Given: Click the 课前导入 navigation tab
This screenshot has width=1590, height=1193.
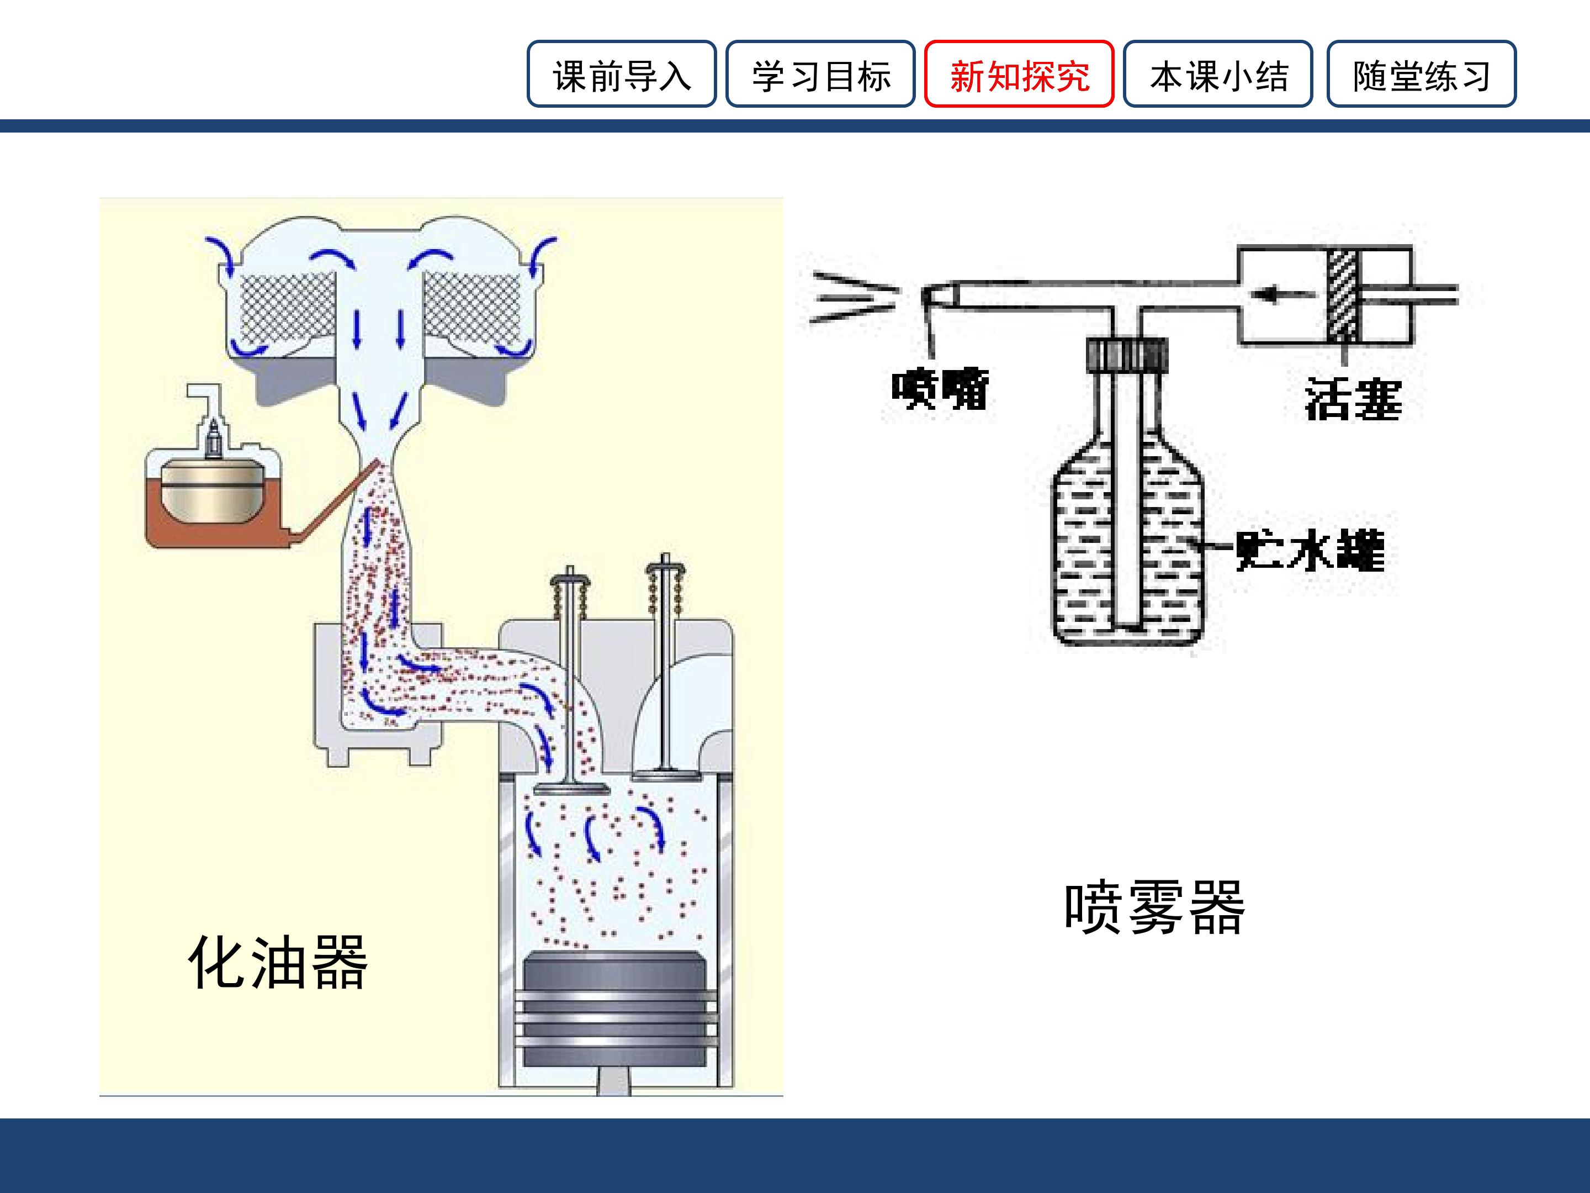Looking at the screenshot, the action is pyautogui.click(x=621, y=74).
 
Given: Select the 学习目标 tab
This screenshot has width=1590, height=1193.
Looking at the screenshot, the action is pyautogui.click(x=820, y=74).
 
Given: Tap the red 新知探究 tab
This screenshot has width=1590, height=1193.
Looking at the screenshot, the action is pyautogui.click(x=1019, y=74).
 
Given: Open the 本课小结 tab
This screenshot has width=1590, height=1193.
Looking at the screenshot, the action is pyautogui.click(x=1218, y=74).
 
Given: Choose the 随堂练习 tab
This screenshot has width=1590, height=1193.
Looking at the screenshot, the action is pyautogui.click(x=1421, y=74).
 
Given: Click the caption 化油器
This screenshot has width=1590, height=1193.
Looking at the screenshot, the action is pyautogui.click(x=278, y=962).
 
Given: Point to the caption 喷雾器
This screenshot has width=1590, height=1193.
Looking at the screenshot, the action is pyautogui.click(x=1154, y=907).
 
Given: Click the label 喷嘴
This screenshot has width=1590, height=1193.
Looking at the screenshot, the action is pyautogui.click(x=940, y=389).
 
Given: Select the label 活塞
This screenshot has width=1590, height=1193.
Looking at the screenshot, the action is pyautogui.click(x=1353, y=399).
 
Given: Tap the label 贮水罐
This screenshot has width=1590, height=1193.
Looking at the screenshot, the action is pyautogui.click(x=1310, y=551).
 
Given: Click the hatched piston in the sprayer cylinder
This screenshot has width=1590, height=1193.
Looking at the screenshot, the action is pyautogui.click(x=1342, y=294).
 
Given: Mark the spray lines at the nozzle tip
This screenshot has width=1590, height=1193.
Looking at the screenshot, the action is pyautogui.click(x=855, y=295).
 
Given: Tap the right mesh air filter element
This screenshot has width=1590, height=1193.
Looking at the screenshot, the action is pyautogui.click(x=472, y=307).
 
